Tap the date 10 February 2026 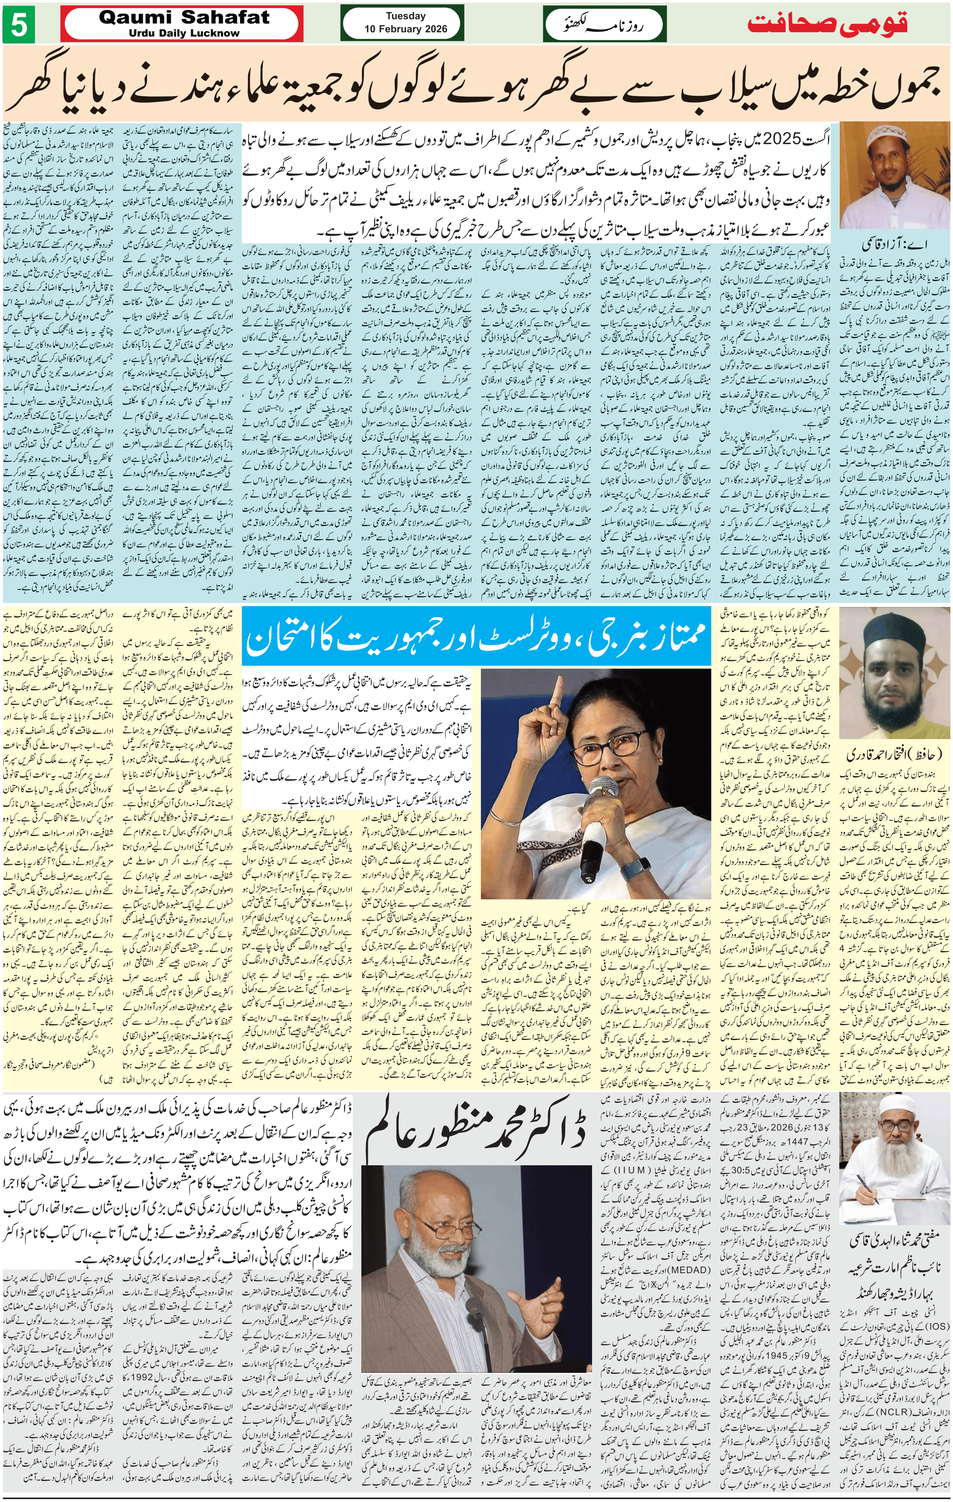[405, 29]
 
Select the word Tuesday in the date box [405, 16]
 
